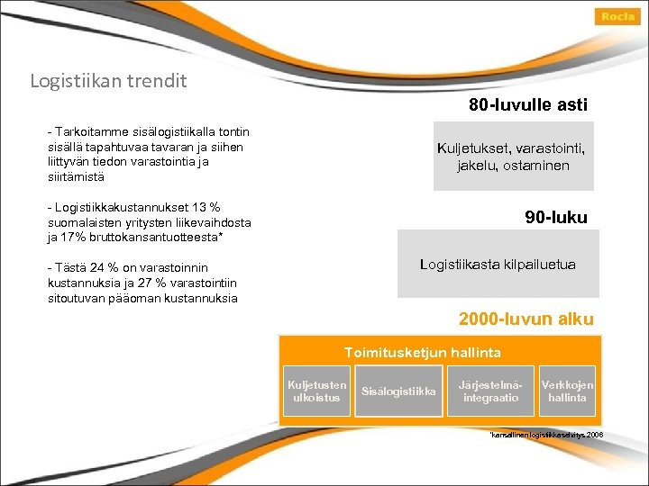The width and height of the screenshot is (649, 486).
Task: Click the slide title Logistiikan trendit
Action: pyautogui.click(x=108, y=81)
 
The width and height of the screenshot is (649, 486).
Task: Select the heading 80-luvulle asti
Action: pyautogui.click(x=527, y=105)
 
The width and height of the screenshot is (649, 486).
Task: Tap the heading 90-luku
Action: pyautogui.click(x=555, y=217)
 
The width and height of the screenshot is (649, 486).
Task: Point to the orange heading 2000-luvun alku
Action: pyautogui.click(x=526, y=319)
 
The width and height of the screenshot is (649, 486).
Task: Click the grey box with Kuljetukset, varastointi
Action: pyautogui.click(x=514, y=157)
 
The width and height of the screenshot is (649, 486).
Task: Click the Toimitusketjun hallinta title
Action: pyautogui.click(x=422, y=353)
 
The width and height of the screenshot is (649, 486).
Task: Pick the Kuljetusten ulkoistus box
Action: pyautogui.click(x=316, y=391)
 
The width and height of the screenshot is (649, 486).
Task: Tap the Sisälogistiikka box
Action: pyautogui.click(x=398, y=391)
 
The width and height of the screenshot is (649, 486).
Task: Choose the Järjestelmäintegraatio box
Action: pyautogui.click(x=490, y=391)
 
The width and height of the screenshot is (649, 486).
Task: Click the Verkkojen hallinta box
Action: pyautogui.click(x=567, y=391)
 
